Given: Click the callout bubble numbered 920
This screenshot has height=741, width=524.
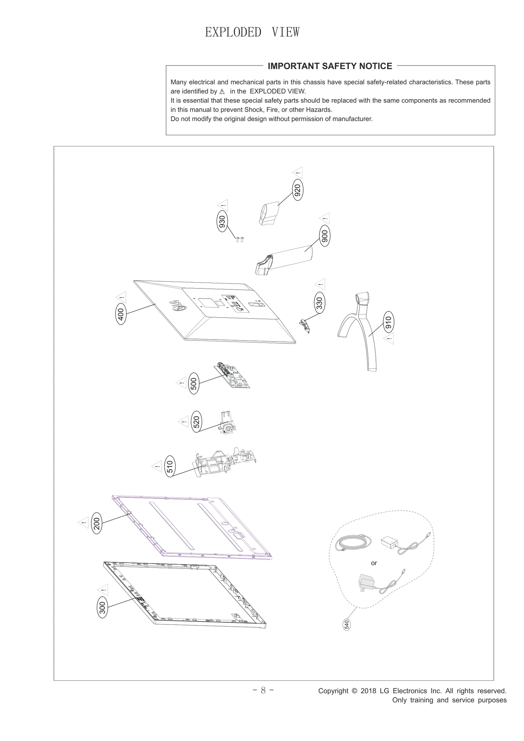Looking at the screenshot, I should coord(297,190).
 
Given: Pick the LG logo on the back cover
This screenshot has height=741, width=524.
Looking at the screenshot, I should coord(177,306).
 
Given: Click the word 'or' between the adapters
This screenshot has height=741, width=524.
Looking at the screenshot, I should coord(374,563).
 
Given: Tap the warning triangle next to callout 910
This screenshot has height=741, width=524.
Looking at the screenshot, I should coord(389,338).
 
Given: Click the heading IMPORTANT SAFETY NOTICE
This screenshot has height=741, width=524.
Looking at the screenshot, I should coord(330,66).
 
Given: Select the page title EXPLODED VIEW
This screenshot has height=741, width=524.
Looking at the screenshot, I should coord(252,32).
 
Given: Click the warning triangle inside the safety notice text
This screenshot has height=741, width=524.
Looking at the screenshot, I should coord(222,91).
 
